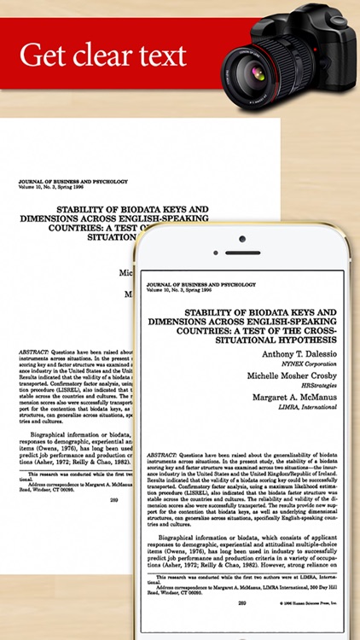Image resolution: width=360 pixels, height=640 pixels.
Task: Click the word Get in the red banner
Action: point(44,55)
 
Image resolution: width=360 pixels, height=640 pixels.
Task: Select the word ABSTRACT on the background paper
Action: point(33,350)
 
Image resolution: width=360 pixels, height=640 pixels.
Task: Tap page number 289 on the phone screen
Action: point(241,603)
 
